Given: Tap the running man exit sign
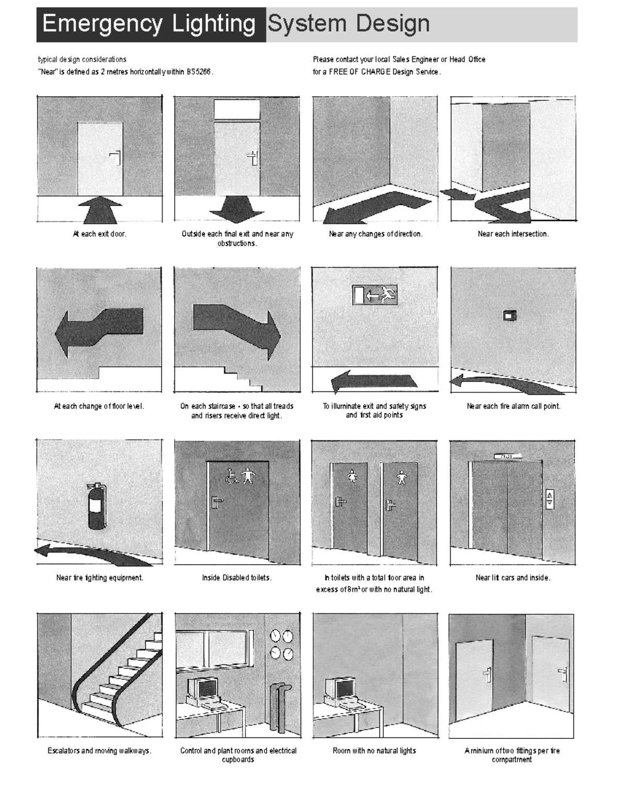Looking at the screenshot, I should click(375, 295).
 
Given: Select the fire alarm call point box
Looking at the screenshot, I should click(510, 315).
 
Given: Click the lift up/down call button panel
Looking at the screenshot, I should click(549, 499).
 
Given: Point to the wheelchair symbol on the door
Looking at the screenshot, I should click(232, 476).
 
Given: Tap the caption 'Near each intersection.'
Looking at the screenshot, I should click(513, 234).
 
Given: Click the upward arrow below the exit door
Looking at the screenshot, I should click(100, 209).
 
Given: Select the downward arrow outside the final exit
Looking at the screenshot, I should click(237, 209).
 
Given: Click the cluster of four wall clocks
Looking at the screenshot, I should click(281, 644).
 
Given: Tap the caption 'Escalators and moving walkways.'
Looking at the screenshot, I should click(100, 750).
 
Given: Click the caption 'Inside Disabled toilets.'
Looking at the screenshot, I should click(237, 578).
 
